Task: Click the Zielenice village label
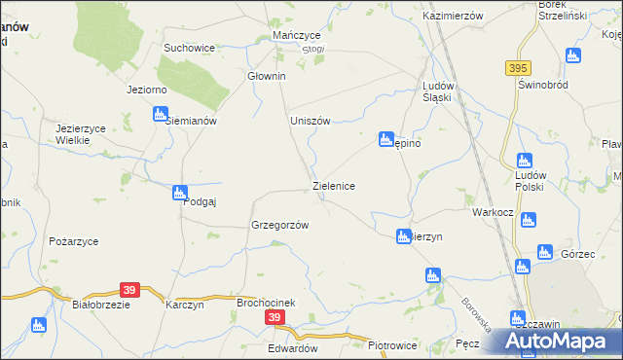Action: click(x=339, y=185)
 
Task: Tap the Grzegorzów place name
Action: click(x=279, y=225)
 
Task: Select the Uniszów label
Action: click(x=311, y=121)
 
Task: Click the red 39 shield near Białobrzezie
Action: click(x=129, y=289)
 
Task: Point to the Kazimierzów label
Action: click(x=453, y=18)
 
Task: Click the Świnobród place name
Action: click(x=542, y=85)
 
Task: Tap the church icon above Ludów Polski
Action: click(x=525, y=161)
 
